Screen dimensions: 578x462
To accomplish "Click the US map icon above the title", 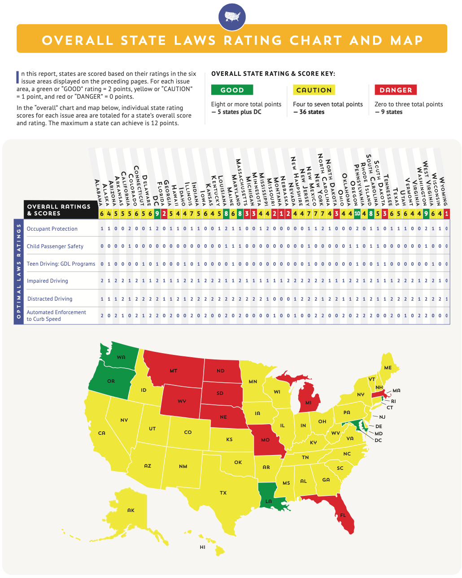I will [232, 17].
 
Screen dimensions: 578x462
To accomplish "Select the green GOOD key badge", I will [232, 90].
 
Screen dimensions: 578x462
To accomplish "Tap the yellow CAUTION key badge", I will [314, 90].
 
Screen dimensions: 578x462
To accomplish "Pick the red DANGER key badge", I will [396, 90].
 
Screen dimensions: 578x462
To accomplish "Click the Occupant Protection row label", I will [52, 229].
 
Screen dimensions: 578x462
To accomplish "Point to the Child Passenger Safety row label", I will [55, 246].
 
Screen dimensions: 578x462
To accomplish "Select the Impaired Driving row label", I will [47, 281].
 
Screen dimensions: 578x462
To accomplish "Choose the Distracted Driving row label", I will [49, 299].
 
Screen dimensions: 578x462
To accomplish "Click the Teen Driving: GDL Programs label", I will [61, 264].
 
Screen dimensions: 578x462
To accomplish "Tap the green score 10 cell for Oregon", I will [357, 214].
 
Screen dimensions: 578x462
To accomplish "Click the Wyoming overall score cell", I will [446, 214].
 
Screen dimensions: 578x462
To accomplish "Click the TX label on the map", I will [223, 493].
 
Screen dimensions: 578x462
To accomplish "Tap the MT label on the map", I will [174, 371].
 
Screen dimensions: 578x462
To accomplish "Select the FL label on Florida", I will [343, 515].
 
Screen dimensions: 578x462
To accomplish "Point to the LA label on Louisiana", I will [268, 501].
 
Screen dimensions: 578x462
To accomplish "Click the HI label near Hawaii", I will [202, 547].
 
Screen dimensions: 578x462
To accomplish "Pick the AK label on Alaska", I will [131, 510].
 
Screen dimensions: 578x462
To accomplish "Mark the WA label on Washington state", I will [121, 357].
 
